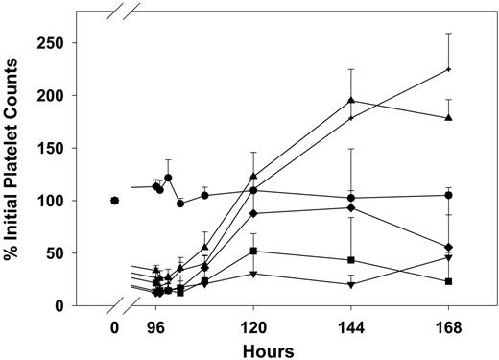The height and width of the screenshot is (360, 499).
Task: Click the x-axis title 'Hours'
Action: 269,348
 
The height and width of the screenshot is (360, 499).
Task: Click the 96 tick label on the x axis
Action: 156,325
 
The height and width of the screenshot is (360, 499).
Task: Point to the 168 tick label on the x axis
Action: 449,325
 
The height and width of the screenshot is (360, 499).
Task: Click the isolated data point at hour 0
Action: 115,201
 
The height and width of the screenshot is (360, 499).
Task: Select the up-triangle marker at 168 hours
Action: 449,118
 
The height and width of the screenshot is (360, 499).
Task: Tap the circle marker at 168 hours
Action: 449,195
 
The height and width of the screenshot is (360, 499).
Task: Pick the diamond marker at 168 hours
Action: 449,247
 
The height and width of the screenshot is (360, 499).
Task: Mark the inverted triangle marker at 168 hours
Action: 449,257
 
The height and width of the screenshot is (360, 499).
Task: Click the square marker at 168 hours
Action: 449,281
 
